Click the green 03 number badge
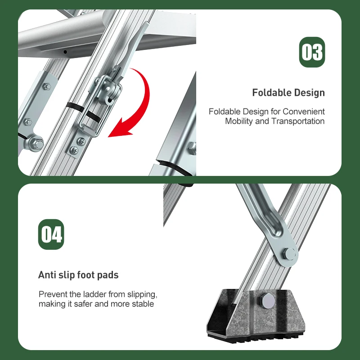click(x=312, y=52)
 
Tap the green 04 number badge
click(x=51, y=234)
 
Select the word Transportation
click(x=298, y=121)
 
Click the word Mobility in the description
click(x=239, y=121)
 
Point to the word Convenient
click(x=304, y=111)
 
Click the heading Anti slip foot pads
click(x=78, y=274)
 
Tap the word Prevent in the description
click(x=52, y=294)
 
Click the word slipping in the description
click(x=140, y=294)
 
